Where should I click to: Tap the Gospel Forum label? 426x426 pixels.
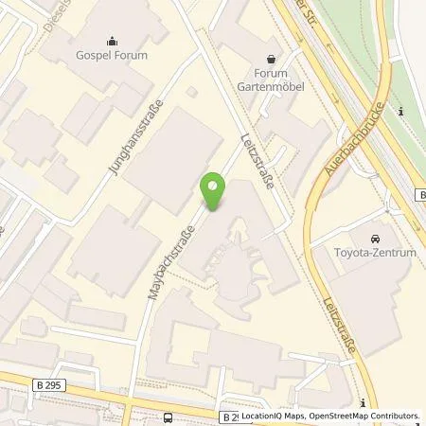[x=113, y=56]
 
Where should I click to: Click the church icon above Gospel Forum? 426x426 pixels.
[x=113, y=41]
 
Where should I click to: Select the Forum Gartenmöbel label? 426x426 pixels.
[x=271, y=80]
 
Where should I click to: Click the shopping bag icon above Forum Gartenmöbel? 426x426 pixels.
[x=272, y=57]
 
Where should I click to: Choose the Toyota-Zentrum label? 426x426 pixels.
[x=375, y=252]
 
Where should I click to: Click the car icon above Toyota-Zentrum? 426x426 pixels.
[x=375, y=236]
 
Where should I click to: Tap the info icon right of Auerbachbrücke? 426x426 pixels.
[x=401, y=113]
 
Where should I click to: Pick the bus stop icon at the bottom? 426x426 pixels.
[x=168, y=417]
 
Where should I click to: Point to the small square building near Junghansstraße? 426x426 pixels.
[x=193, y=92]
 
